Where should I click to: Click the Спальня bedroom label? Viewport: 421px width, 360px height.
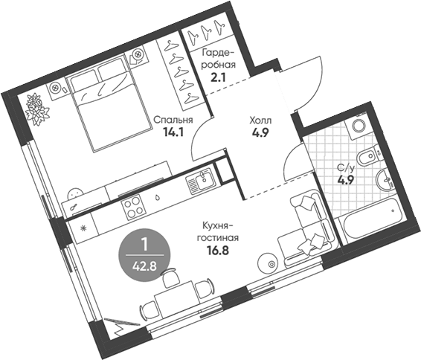click(173, 120)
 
